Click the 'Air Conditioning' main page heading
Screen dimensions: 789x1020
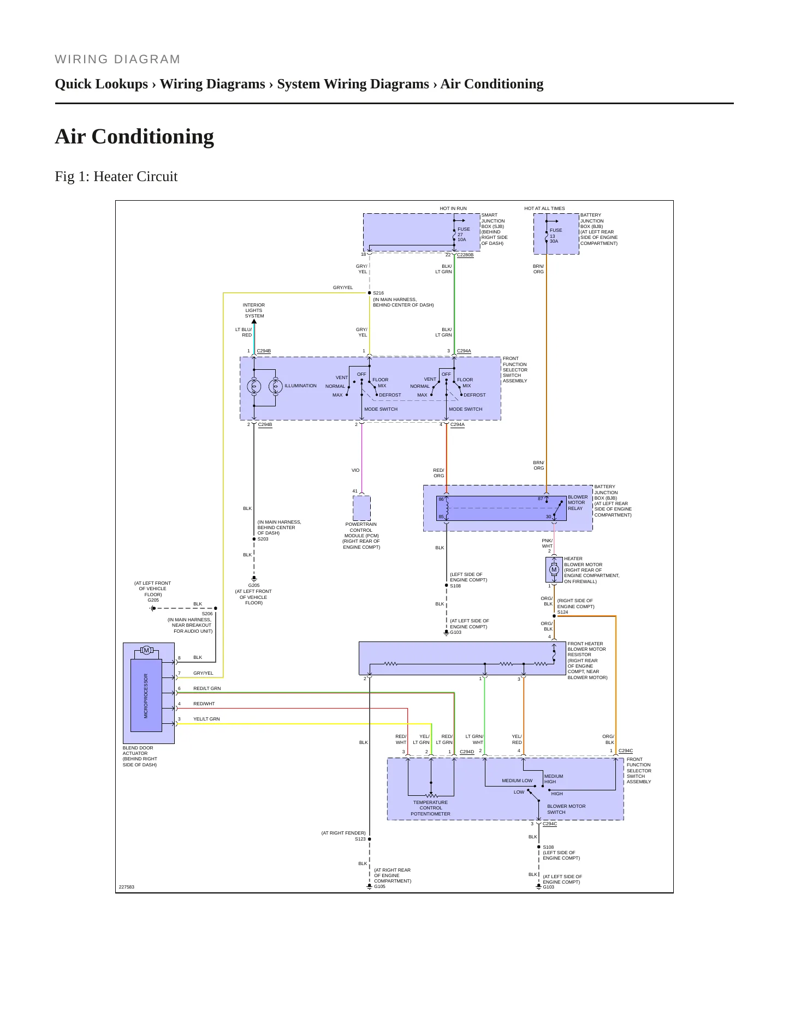pyautogui.click(x=134, y=136)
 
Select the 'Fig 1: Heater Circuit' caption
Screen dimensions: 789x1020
pyautogui.click(x=116, y=176)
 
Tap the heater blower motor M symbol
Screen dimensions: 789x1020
pyautogui.click(x=554, y=569)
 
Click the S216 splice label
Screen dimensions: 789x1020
pyautogui.click(x=378, y=293)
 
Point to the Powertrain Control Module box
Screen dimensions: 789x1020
pyautogui.click(x=361, y=508)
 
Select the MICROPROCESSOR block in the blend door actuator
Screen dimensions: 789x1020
pyautogui.click(x=146, y=695)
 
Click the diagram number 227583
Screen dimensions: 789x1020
pyautogui.click(x=127, y=887)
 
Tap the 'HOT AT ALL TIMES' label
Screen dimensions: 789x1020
pyautogui.click(x=544, y=208)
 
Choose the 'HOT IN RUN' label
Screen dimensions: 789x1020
pyautogui.click(x=453, y=208)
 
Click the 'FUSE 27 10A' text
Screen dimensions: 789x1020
pyautogui.click(x=464, y=235)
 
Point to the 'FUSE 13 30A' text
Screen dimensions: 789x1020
pyautogui.click(x=556, y=236)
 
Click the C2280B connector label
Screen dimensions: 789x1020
pyautogui.click(x=465, y=255)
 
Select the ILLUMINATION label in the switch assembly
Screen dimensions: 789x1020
pyautogui.click(x=300, y=386)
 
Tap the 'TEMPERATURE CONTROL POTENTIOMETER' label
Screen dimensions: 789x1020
pyautogui.click(x=431, y=808)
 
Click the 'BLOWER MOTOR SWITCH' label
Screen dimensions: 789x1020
pyautogui.click(x=566, y=809)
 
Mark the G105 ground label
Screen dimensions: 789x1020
pyautogui.click(x=379, y=886)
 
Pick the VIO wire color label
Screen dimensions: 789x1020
pyautogui.click(x=355, y=470)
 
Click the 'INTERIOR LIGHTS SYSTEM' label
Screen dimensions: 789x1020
pyautogui.click(x=254, y=310)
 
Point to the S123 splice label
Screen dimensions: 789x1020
pyautogui.click(x=360, y=839)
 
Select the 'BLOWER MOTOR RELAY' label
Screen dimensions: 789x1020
pyautogui.click(x=578, y=502)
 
